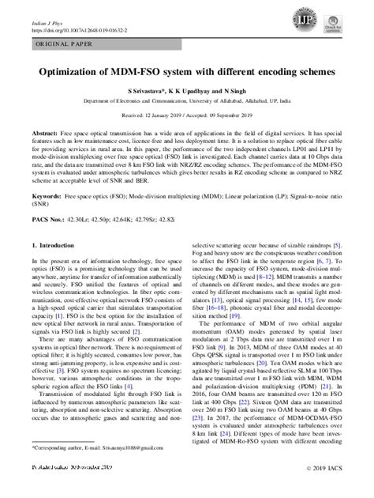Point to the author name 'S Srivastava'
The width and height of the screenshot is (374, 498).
(130, 92)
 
